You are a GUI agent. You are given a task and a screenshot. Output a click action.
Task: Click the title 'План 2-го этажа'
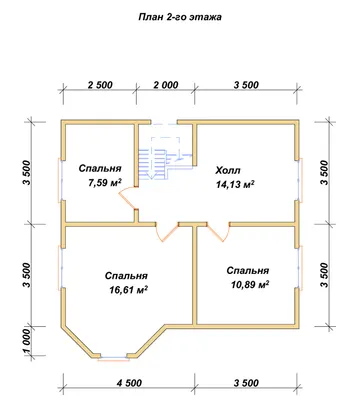click(180, 17)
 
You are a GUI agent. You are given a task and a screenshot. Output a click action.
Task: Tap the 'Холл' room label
click(228, 171)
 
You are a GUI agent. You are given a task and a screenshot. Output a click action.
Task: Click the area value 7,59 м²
click(104, 182)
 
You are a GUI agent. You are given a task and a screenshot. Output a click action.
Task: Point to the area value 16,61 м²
click(129, 290)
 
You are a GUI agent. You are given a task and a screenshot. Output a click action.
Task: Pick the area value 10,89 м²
click(250, 284)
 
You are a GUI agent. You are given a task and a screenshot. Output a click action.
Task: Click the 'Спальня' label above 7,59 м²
click(100, 169)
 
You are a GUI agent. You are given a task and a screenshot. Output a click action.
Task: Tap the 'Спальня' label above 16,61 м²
click(126, 276)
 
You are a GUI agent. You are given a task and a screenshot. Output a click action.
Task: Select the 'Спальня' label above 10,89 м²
click(248, 271)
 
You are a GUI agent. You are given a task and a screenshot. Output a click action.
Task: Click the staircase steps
click(152, 164)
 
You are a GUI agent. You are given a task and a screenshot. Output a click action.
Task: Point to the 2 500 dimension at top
click(100, 85)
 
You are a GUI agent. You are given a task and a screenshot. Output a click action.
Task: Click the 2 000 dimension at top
click(166, 85)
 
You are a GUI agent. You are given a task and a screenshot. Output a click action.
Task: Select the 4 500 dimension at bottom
click(129, 383)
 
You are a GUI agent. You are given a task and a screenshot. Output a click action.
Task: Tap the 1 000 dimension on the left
click(27, 343)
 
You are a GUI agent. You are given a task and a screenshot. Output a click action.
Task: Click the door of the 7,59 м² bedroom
click(128, 199)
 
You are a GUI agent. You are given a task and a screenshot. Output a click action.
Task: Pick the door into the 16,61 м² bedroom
click(167, 232)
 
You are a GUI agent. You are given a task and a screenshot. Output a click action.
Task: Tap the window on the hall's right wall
click(301, 180)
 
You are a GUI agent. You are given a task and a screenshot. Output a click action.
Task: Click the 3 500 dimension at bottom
click(246, 383)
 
